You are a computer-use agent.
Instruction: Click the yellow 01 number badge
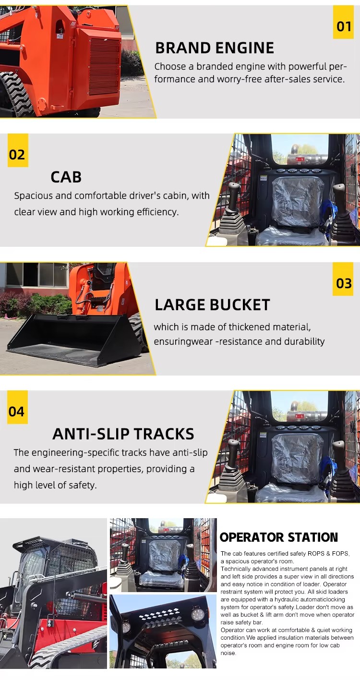pos(343,22)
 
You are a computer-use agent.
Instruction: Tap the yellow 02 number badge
pos(18,150)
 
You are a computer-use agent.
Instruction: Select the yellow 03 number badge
pos(343,279)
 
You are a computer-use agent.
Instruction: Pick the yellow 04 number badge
pos(17,407)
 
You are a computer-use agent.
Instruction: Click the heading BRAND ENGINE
pos(215,48)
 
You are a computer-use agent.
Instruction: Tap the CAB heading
pos(66,177)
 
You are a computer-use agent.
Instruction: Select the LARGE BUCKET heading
pos(213,305)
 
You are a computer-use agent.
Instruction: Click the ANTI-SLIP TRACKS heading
pos(123,434)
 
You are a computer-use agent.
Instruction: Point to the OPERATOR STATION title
pos(279,537)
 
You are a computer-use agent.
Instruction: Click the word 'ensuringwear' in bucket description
pos(183,341)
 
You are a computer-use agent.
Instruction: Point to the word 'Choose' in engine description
pos(170,66)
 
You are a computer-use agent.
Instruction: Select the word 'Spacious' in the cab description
pos(34,196)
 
